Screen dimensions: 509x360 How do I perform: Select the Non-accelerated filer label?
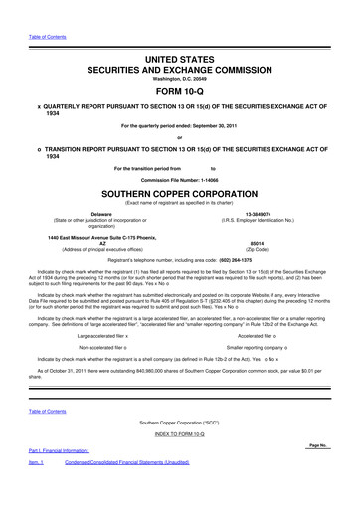click(x=103, y=348)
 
